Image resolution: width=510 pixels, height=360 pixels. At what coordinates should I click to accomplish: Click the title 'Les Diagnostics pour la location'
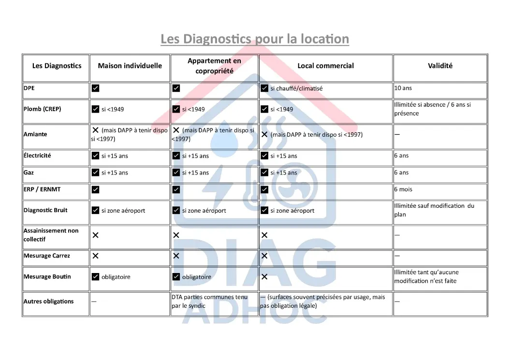255,39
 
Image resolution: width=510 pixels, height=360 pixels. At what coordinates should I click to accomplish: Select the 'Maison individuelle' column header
130,66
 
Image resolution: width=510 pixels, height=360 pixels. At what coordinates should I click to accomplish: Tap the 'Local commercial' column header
325,66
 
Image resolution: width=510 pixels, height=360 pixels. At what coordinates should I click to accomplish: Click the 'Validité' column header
440,66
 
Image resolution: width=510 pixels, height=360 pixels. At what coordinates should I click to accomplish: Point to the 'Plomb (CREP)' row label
43,109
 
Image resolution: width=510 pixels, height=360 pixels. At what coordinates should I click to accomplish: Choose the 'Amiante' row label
35,134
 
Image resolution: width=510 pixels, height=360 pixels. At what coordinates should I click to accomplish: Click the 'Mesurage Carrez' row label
47,256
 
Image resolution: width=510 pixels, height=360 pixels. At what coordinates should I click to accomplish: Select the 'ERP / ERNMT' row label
42,189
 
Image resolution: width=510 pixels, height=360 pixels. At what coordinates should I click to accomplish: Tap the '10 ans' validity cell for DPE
403,88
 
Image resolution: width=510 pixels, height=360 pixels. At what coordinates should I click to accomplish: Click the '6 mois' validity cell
403,189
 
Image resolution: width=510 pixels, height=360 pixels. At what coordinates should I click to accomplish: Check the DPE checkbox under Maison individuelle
96,88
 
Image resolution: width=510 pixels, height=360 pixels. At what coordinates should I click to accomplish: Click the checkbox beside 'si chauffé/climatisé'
264,88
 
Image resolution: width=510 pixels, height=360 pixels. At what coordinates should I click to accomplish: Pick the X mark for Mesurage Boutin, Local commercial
264,277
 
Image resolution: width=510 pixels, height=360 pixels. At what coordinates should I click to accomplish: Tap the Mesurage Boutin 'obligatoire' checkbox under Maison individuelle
96,277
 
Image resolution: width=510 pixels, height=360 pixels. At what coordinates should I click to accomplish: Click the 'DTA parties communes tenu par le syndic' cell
209,302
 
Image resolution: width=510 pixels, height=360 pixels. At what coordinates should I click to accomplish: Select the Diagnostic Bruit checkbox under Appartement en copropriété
176,211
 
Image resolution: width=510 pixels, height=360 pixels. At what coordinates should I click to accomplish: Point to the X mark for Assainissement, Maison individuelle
96,235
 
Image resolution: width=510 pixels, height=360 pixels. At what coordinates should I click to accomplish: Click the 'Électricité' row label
37,156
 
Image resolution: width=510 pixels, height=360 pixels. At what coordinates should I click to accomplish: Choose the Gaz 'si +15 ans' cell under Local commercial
284,173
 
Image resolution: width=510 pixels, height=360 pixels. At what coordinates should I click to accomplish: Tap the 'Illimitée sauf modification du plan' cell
434,210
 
